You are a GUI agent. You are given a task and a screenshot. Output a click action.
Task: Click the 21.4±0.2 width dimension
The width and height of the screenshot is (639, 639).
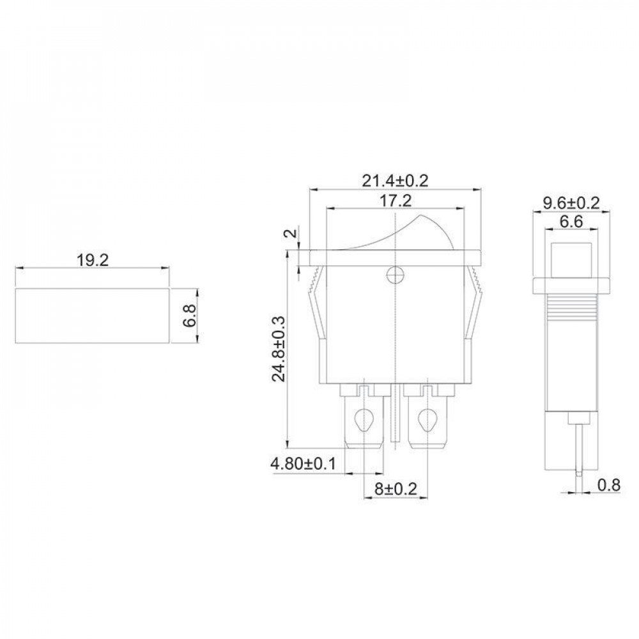[x=395, y=181]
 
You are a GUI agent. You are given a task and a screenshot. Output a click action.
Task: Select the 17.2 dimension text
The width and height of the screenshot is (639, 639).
[x=395, y=201]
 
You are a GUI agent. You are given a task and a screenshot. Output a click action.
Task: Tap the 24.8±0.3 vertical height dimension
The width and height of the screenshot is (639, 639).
[x=280, y=349]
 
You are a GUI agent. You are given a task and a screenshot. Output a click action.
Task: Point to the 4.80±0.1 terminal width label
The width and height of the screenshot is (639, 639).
[x=303, y=463]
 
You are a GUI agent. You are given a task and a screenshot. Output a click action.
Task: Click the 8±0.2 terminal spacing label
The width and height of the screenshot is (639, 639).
[x=396, y=489]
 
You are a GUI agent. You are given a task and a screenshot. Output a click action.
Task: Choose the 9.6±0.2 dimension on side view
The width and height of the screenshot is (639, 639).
[x=571, y=203]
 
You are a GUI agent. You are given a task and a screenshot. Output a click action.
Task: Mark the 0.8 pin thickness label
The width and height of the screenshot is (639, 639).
[x=609, y=486]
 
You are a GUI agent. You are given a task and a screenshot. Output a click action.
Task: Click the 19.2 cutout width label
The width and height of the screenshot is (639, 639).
[x=93, y=261]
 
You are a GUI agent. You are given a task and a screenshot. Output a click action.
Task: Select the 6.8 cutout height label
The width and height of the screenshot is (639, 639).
[x=190, y=316]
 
